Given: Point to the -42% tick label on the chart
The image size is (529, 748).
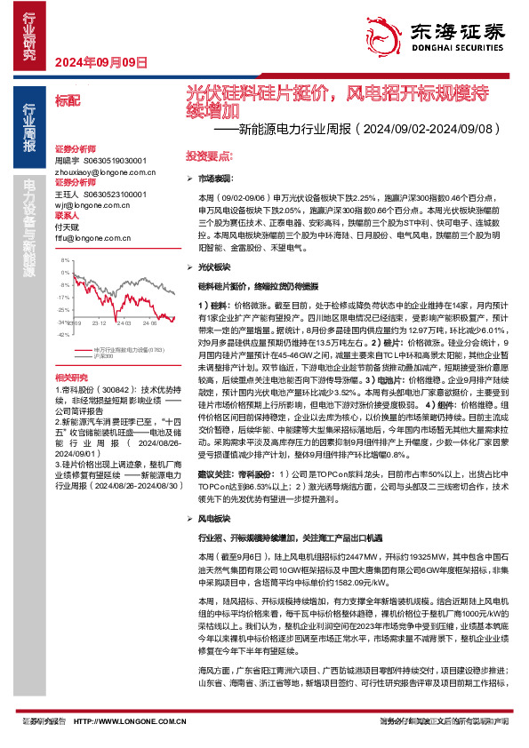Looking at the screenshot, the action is [61, 335].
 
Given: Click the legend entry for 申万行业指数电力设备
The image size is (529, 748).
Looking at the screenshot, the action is [124, 349].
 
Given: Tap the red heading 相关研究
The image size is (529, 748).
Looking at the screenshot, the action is [70, 378].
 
